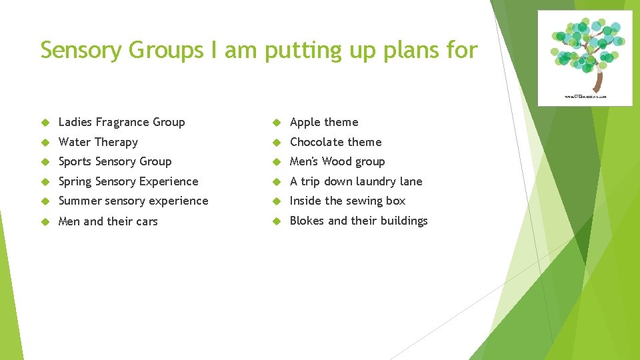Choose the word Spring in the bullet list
pyautogui.click(x=75, y=181)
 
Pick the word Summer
pyautogui.click(x=80, y=201)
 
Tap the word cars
pyautogui.click(x=145, y=221)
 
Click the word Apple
pyautogui.click(x=305, y=122)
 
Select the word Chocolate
pyautogui.click(x=317, y=142)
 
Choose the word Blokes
pyautogui.click(x=308, y=221)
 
